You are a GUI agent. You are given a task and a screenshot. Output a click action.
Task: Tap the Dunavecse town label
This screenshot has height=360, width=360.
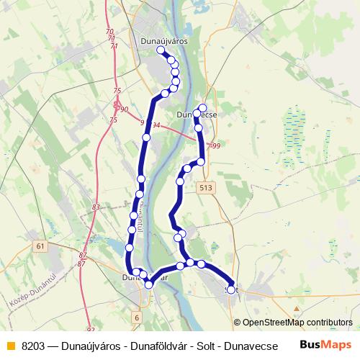point(196,114)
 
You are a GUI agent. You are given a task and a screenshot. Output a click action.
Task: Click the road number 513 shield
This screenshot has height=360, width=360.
point(207,187)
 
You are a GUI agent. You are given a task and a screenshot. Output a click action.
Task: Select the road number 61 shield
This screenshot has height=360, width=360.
point(39,246)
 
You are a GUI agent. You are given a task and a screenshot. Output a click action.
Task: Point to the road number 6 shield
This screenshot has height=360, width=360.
point(137,317)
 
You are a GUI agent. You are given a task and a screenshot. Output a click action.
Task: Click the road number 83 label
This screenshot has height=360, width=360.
point(96,207)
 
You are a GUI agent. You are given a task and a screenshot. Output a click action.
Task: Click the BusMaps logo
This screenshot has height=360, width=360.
point(325,346)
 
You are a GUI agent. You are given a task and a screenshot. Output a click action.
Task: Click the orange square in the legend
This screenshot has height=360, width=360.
point(10,346)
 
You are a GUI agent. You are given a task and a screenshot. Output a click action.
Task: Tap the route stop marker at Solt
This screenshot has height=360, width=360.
point(231,289)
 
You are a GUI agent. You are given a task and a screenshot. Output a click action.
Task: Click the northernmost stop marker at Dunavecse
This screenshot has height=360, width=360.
point(203,108)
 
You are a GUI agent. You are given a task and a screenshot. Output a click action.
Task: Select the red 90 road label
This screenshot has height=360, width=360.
point(124,109)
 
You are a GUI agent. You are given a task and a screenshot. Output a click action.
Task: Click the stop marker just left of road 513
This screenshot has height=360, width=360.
point(187,168)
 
